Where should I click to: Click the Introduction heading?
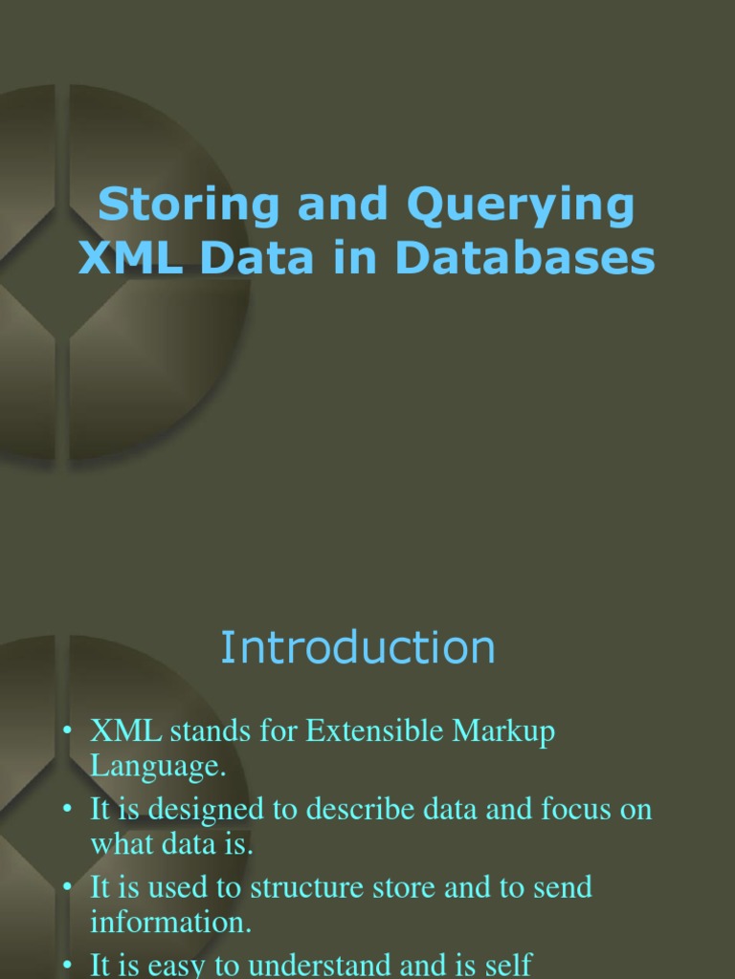[358, 647]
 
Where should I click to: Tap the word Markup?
[510, 731]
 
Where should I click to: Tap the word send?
[563, 887]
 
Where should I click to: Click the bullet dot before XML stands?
[68, 732]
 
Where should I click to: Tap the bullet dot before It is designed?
[68, 810]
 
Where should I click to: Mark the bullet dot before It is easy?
[68, 966]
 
